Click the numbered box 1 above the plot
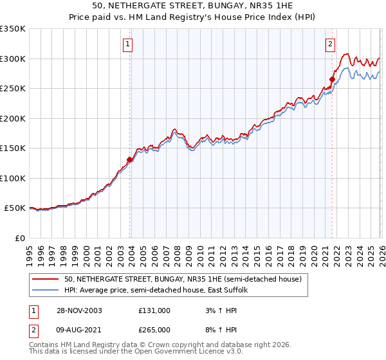tap(128, 44)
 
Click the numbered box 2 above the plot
tap(330, 44)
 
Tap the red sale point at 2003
tap(130, 159)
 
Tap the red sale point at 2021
tap(333, 80)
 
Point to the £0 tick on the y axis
tap(20, 238)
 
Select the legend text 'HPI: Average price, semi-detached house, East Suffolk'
tap(161, 290)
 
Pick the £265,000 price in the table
tap(154, 329)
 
